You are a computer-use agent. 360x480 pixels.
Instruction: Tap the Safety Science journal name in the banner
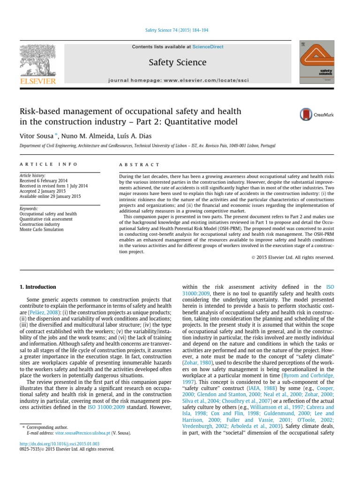tap(177, 62)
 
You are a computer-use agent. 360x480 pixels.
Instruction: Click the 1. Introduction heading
tap(37, 287)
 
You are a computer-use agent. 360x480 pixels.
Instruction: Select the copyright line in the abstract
tap(292, 257)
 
